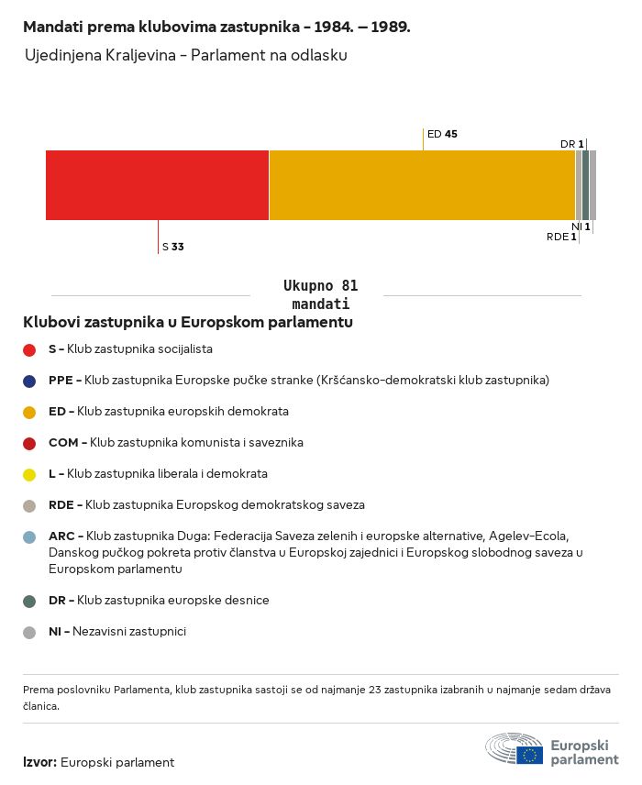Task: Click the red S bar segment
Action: [x=157, y=185]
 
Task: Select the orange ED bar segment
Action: [x=422, y=185]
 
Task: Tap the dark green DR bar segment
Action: [x=585, y=185]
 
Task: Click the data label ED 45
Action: [x=442, y=134]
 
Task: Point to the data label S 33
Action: [x=172, y=247]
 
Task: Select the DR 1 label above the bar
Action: [x=572, y=144]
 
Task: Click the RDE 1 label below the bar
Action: [x=561, y=237]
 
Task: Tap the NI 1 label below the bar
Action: [x=581, y=227]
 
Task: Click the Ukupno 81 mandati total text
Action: [x=320, y=295]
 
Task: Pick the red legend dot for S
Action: [x=29, y=350]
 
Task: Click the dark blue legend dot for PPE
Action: [x=29, y=381]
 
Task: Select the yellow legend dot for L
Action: [x=29, y=475]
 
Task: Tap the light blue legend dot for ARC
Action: [x=29, y=537]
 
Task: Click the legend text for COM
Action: [x=176, y=443]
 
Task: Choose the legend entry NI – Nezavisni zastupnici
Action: [x=117, y=631]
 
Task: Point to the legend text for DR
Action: [x=159, y=601]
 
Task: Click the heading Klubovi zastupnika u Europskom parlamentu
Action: [x=188, y=322]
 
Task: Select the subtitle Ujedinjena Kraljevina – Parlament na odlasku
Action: [x=186, y=55]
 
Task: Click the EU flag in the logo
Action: [x=529, y=755]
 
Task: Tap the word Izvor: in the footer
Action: [x=39, y=762]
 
